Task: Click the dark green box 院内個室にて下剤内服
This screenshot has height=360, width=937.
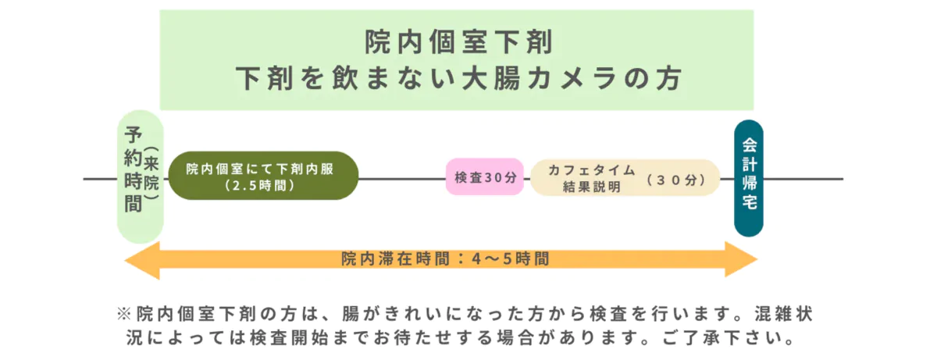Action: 262,176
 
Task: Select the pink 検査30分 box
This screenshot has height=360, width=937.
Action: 484,177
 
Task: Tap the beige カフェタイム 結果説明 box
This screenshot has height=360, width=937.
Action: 625,178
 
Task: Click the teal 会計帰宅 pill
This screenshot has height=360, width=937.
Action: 748,178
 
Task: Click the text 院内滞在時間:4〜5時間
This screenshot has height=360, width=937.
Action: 444,259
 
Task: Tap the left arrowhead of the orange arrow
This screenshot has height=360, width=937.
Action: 142,259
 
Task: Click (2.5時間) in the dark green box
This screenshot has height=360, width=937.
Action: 258,187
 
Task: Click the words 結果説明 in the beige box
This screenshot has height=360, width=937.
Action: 591,187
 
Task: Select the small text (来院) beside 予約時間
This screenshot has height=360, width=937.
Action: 151,177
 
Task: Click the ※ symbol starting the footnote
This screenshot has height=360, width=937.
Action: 123,314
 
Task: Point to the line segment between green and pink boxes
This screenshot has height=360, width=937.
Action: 401,179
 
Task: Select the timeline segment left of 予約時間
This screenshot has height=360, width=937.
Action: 100,179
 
